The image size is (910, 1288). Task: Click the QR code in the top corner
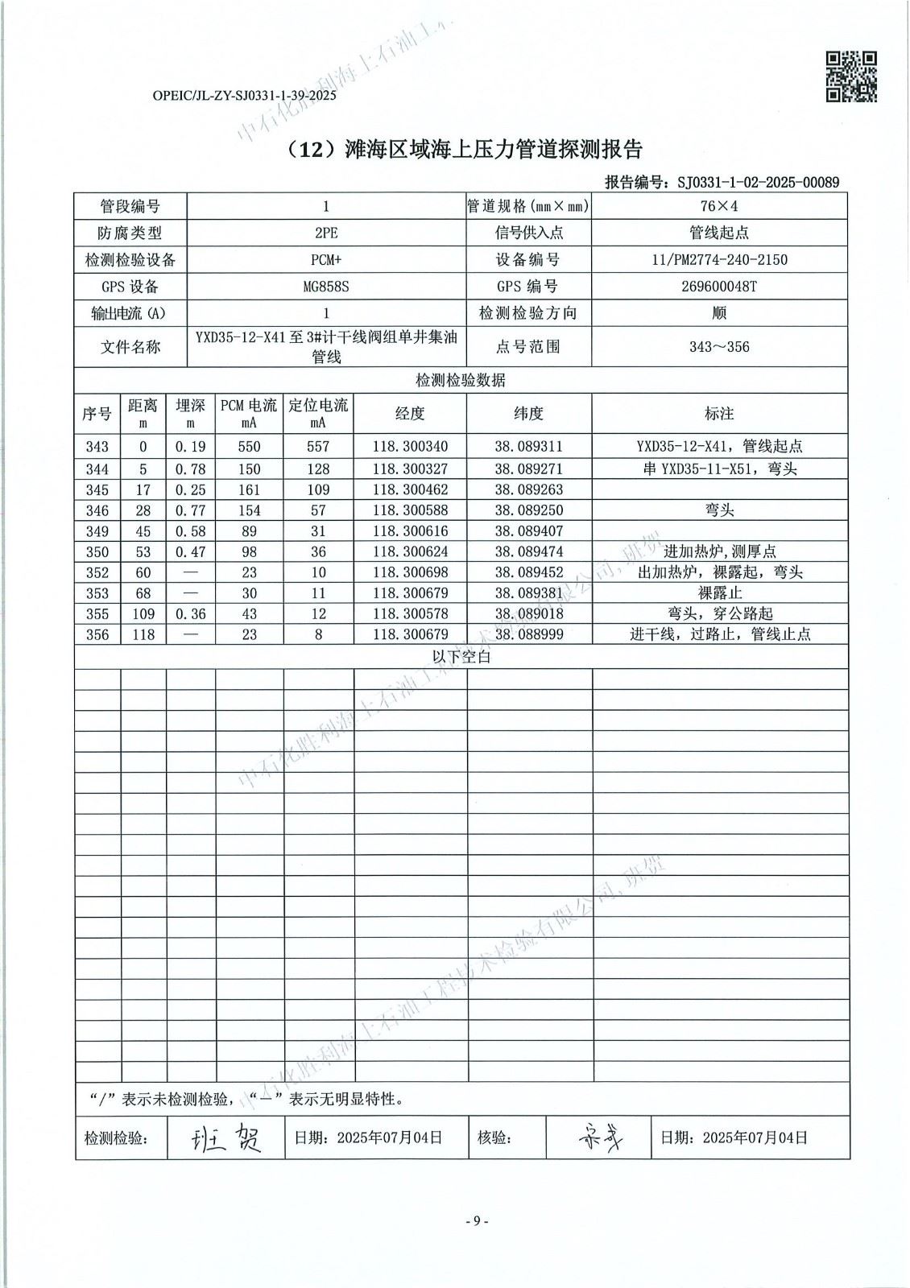click(851, 76)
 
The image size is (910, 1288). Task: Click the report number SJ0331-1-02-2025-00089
click(758, 182)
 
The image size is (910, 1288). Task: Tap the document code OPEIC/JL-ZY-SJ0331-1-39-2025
click(243, 95)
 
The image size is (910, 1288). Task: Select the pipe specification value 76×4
click(719, 206)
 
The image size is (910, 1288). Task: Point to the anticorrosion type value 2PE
click(325, 233)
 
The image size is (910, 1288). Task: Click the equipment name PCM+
click(325, 259)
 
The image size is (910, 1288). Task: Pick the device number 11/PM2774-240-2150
click(719, 259)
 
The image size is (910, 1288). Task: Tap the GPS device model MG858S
click(325, 286)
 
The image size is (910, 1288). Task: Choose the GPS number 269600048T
click(719, 286)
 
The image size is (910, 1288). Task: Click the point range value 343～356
click(719, 347)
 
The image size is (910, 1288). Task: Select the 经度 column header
click(409, 414)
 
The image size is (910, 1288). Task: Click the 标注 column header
click(719, 414)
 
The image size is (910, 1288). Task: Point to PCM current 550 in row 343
click(250, 447)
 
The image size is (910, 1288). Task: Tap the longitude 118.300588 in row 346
click(410, 510)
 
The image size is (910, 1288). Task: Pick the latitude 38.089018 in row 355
click(528, 613)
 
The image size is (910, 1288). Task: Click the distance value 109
click(143, 613)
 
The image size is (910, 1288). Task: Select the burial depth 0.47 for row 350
click(191, 552)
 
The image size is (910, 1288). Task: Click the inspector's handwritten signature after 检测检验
click(226, 1137)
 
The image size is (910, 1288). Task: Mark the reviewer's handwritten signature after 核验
click(600, 1137)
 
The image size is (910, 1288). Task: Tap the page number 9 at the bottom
click(476, 1221)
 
